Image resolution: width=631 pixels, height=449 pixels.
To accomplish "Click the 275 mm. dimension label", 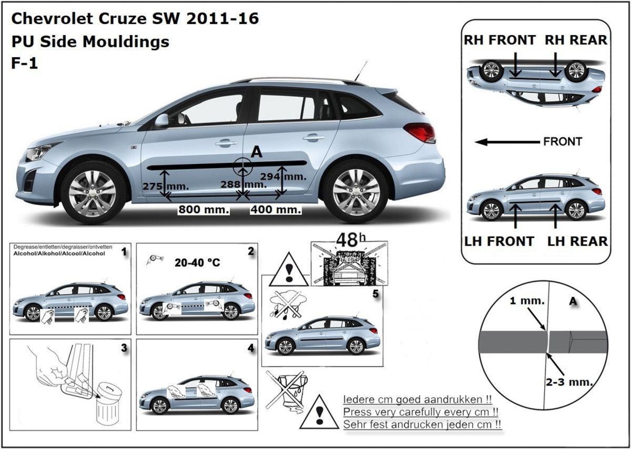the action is point(166,186).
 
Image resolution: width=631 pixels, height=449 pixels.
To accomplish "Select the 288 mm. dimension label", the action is point(243,184).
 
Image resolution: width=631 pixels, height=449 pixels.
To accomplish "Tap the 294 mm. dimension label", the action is point(283,176).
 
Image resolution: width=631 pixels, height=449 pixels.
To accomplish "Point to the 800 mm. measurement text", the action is point(203,210).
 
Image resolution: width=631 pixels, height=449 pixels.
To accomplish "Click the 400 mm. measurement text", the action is point(276,210).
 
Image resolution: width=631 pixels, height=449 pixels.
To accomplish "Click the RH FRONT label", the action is point(500,40).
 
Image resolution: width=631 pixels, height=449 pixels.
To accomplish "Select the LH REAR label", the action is point(577,242).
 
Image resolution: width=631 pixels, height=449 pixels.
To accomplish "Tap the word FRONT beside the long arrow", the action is point(563,142).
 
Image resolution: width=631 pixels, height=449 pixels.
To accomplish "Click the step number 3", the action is point(124,348).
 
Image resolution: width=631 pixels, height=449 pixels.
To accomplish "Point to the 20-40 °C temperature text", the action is point(197,263).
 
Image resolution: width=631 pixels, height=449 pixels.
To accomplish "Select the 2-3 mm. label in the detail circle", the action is point(569,382).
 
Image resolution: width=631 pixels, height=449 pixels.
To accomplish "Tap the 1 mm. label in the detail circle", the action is point(527,301).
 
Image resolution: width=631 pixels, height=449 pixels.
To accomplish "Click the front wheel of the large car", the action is point(93,194).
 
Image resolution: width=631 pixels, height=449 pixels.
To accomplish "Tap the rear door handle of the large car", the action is point(313,138).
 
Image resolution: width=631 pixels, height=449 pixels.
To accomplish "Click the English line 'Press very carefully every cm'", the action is point(421,412).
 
